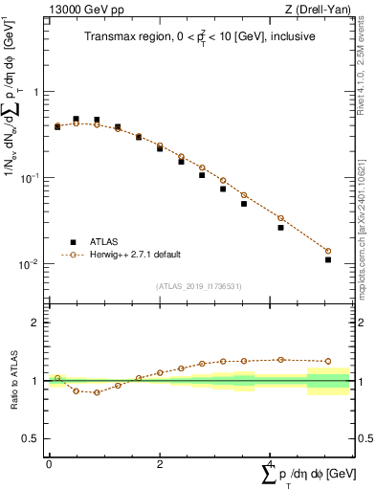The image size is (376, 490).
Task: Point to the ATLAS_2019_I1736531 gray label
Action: coord(198,285)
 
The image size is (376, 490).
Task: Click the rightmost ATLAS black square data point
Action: coord(328,259)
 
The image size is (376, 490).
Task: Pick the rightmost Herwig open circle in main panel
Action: coord(328,252)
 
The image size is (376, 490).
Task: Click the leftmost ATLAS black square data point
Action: coord(57,126)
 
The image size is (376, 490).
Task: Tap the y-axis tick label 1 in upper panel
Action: coord(36,93)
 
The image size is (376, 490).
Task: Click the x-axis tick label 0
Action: coord(49,464)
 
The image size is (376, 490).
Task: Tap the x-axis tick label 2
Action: coord(160,464)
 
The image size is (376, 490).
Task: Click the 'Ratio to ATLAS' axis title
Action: coord(12,381)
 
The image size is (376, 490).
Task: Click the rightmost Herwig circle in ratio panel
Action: coord(328,362)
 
